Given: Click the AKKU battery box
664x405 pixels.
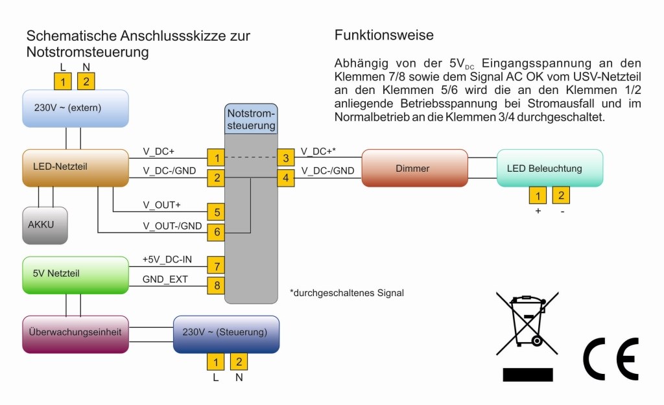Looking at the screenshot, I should [45, 225].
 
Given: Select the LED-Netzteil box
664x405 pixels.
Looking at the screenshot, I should [75, 167].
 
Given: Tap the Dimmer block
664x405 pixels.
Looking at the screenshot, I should [414, 168].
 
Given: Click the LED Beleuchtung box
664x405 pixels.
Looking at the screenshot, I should [550, 168].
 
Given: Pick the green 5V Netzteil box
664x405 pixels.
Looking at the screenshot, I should [75, 274].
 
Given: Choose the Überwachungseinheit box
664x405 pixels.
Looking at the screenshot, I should [75, 334].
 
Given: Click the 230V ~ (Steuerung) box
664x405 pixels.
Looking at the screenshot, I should [226, 333].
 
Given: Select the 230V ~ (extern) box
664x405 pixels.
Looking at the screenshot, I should [75, 108].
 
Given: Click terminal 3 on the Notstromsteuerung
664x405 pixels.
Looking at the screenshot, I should [285, 157].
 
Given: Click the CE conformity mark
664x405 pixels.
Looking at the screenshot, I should [611, 358].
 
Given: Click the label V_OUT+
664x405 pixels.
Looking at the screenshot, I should [161, 205].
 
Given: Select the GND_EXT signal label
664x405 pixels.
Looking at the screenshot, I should [165, 279].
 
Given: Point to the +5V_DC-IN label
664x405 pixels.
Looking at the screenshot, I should [167, 259].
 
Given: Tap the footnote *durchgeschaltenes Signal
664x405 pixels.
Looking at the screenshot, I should [347, 293].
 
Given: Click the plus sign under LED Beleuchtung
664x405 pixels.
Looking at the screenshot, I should [538, 211].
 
